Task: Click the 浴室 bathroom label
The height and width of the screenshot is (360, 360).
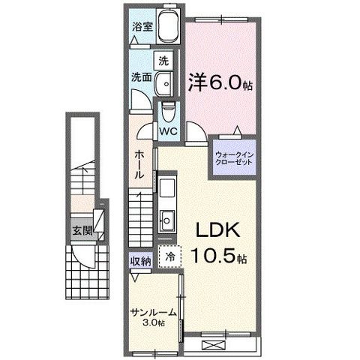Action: [142, 26]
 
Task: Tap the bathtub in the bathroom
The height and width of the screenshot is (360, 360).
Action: [169, 25]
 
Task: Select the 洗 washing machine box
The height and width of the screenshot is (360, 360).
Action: [163, 61]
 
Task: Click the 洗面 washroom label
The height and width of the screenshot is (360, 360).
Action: [142, 77]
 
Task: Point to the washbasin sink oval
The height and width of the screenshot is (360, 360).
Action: [164, 84]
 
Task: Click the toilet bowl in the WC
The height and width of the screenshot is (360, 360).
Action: [167, 112]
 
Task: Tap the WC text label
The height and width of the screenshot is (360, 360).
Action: [168, 131]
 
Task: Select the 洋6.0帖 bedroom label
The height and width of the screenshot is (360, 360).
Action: [220, 82]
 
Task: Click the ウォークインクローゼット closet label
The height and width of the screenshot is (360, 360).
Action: [235, 158]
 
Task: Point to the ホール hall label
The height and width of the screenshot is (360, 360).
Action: [139, 164]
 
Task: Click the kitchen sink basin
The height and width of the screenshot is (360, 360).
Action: [166, 220]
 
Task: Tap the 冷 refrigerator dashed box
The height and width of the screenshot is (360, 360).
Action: [170, 256]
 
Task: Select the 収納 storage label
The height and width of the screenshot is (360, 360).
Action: [141, 262]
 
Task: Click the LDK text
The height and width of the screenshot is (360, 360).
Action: [217, 230]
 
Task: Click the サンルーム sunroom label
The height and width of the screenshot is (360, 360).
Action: [154, 313]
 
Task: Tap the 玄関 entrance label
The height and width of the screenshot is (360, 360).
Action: [82, 231]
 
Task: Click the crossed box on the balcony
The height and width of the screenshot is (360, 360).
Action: [214, 346]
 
